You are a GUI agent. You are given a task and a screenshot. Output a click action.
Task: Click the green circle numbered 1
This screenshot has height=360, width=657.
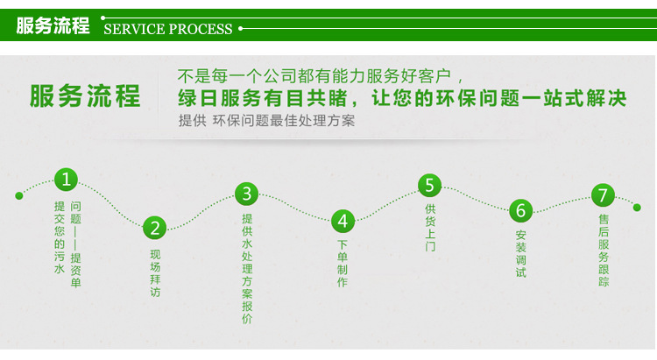[67, 180]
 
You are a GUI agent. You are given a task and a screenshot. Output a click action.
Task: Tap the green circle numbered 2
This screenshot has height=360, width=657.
[155, 229]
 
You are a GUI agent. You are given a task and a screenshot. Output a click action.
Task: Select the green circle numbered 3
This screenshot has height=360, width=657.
[247, 194]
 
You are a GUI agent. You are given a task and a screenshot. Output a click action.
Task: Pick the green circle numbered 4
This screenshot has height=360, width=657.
[343, 221]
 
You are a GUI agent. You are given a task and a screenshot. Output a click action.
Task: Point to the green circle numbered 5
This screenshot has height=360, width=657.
[429, 186]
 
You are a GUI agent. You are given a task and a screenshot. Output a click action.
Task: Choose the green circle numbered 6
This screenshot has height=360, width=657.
[521, 211]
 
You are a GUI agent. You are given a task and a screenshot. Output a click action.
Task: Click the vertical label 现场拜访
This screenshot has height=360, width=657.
[155, 273]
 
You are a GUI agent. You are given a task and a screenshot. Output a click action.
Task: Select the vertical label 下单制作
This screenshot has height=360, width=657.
[343, 264]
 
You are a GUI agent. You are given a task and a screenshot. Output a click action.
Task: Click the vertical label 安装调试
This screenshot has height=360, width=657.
[521, 254]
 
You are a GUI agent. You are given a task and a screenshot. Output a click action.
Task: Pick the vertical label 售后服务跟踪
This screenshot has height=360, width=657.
[604, 250]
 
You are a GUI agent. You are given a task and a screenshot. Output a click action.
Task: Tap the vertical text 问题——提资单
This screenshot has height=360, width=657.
[75, 244]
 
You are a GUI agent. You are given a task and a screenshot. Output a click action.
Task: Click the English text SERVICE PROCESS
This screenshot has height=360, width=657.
[168, 29]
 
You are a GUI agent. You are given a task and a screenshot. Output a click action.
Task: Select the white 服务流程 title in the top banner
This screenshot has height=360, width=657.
[53, 25]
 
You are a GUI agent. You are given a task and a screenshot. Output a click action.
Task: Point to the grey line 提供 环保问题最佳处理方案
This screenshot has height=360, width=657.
[266, 121]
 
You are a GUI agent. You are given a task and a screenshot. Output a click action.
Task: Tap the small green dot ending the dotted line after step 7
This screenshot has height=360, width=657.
[637, 208]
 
